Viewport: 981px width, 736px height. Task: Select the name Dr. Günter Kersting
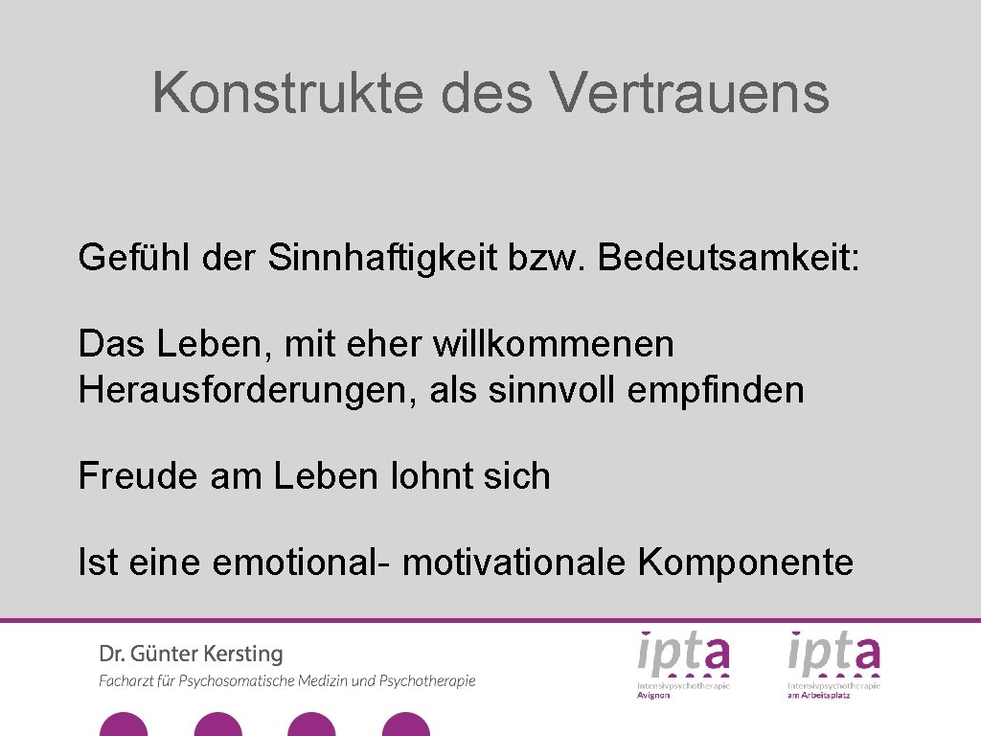click(191, 655)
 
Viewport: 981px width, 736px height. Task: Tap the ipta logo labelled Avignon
click(684, 662)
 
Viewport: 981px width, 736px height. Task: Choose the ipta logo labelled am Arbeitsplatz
click(833, 662)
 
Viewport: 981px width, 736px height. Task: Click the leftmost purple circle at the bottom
click(124, 725)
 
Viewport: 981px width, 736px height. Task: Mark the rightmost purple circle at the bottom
click(406, 725)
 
